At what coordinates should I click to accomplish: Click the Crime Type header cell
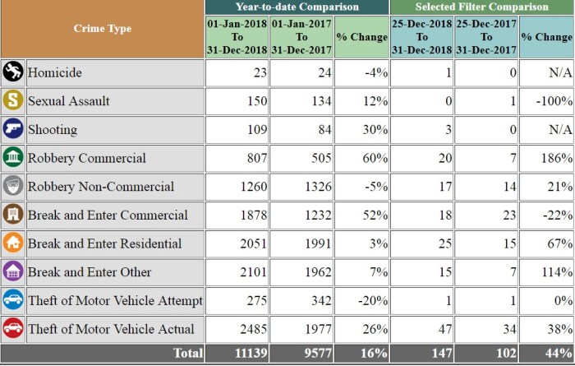pos(102,30)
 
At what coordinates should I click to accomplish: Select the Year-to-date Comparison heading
pos(298,7)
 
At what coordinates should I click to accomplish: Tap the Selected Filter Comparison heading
pos(481,7)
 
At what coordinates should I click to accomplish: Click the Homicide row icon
pos(12,72)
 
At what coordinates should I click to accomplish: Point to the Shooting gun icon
pos(12,129)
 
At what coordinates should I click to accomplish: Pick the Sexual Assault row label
pos(69,101)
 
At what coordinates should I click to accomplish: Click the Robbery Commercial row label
pos(87,158)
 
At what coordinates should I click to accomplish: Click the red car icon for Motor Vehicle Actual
pos(12,329)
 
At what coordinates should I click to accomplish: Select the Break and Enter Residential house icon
pos(12,243)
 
